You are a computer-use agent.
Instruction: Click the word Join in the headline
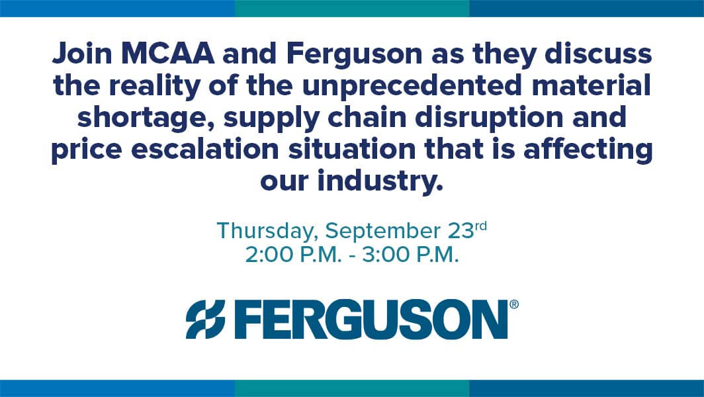82,54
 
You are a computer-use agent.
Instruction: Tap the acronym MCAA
167,54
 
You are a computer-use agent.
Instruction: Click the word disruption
489,117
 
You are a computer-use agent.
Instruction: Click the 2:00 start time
267,256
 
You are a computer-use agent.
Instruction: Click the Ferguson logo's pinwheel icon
206,320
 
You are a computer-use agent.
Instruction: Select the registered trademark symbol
514,304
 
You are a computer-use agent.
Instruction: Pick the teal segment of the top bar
352,8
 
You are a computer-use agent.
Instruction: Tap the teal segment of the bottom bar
352,388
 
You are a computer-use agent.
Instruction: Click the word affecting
588,150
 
